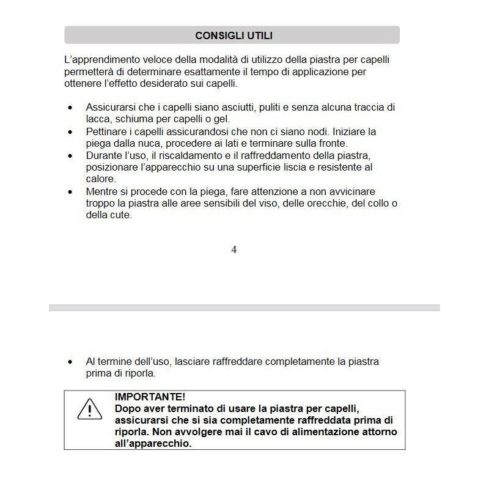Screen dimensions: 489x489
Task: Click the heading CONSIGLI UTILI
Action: pyautogui.click(x=233, y=35)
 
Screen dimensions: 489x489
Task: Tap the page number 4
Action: pyautogui.click(x=234, y=250)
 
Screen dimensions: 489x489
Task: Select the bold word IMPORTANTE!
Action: pyautogui.click(x=150, y=397)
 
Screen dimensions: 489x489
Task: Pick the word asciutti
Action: pyautogui.click(x=238, y=107)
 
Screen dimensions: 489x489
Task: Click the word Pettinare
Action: pyautogui.click(x=106, y=132)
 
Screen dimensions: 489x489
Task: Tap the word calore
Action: pyautogui.click(x=100, y=179)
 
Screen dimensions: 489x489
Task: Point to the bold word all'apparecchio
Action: pyautogui.click(x=153, y=444)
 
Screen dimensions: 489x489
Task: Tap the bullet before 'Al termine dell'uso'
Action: pyautogui.click(x=70, y=362)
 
